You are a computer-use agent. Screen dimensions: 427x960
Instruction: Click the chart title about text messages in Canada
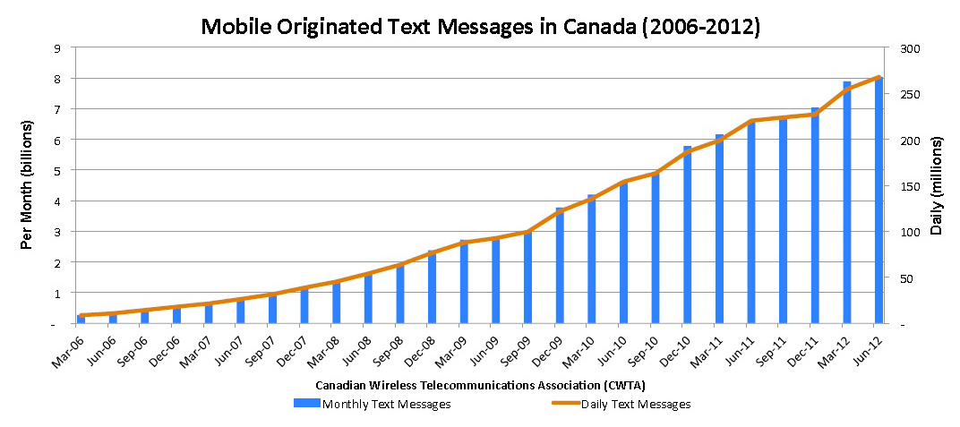(480, 26)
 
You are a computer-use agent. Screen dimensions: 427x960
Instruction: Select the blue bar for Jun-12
(879, 201)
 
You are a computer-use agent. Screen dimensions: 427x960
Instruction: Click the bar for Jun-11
(751, 223)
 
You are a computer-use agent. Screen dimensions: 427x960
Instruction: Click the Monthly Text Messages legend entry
(373, 404)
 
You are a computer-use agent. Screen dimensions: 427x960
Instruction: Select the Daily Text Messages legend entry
(621, 404)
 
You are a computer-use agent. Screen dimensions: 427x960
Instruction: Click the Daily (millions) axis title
(937, 186)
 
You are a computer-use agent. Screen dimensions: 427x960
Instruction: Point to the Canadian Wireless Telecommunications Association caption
(480, 384)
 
